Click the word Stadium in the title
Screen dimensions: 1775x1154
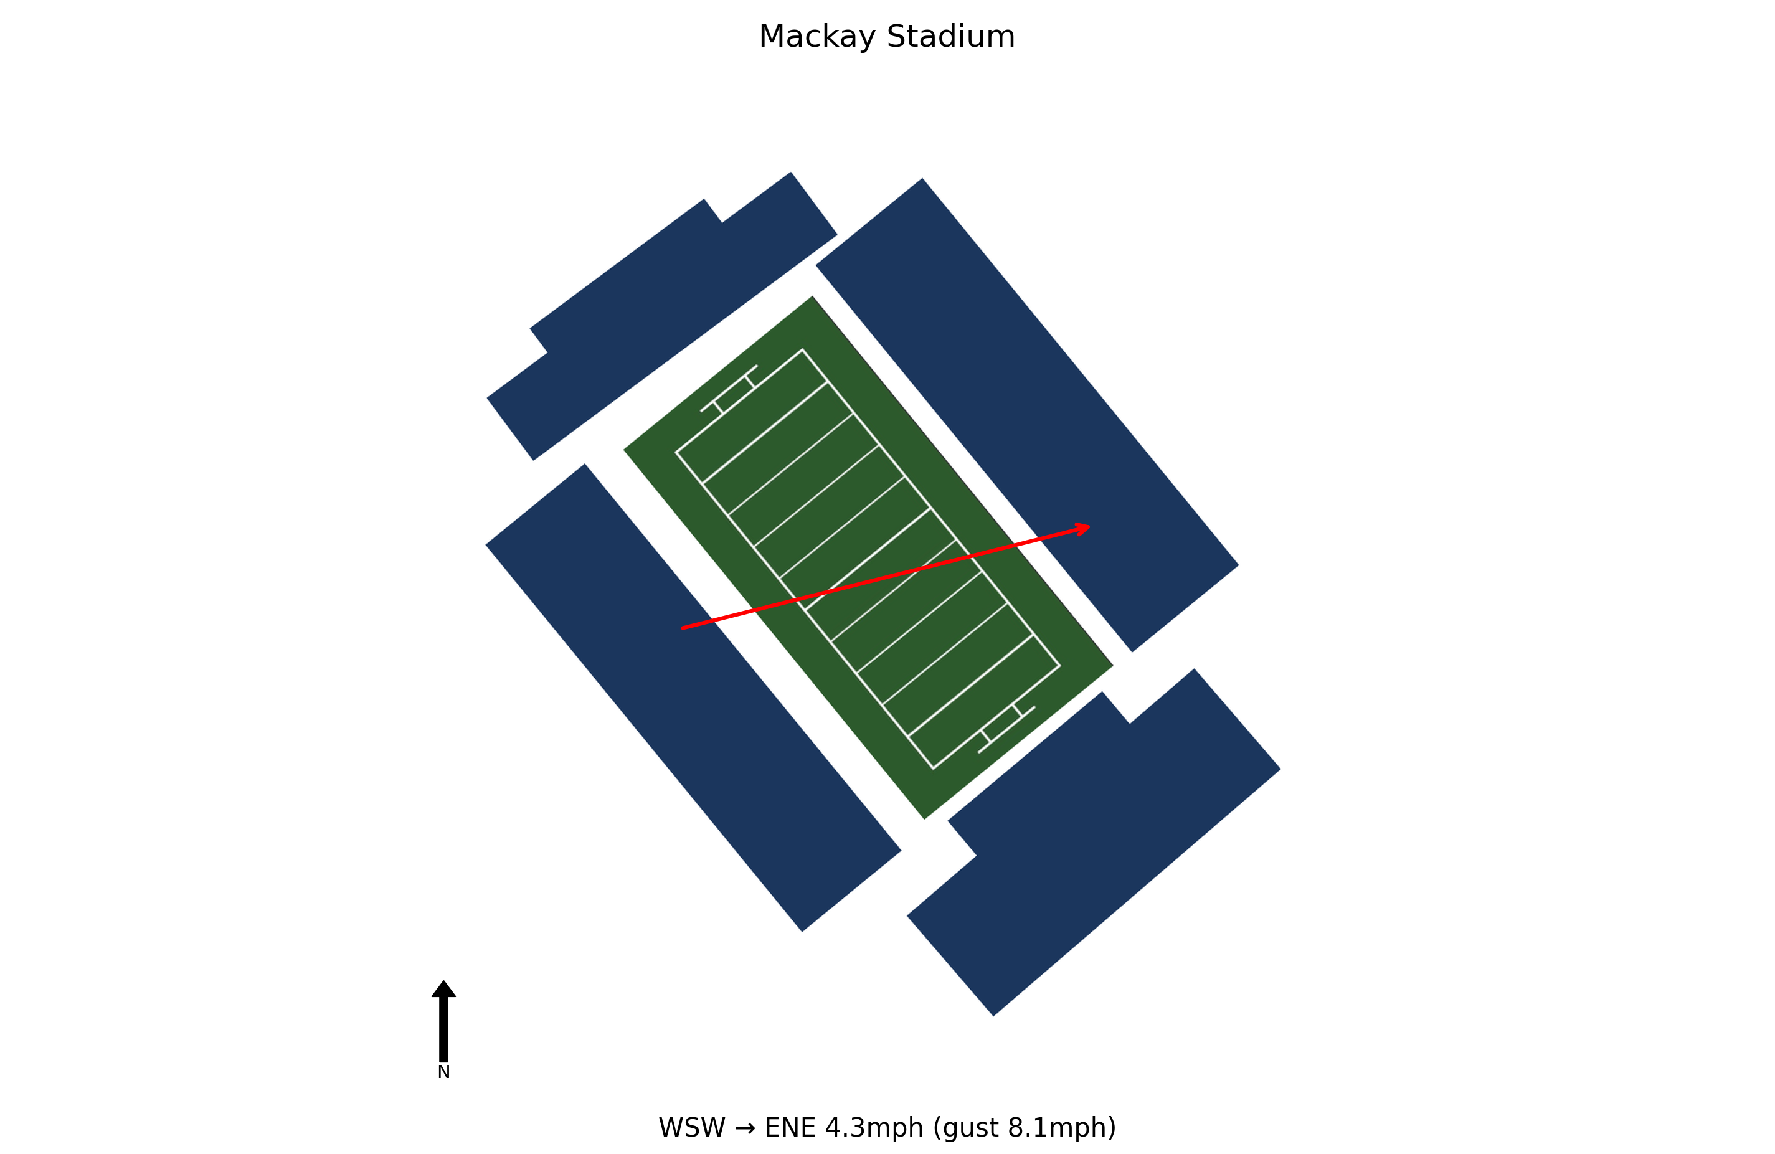[x=951, y=37]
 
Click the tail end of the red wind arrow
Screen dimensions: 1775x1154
[x=683, y=628]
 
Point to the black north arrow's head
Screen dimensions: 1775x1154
[x=443, y=988]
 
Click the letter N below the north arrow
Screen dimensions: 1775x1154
[x=443, y=1072]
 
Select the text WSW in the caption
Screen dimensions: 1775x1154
[x=691, y=1127]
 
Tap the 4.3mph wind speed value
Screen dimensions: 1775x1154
[x=874, y=1128]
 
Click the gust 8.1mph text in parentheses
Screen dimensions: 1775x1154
[x=1025, y=1128]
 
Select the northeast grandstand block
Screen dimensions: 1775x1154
[x=1027, y=415]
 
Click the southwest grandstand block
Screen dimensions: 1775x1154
[x=694, y=698]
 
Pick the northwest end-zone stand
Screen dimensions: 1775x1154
[x=662, y=316]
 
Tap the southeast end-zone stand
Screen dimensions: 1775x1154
[x=1094, y=842]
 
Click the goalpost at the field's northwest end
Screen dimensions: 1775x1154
[x=729, y=389]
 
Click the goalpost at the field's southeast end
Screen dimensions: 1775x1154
[x=1007, y=729]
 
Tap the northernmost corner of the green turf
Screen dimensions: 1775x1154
[x=813, y=296]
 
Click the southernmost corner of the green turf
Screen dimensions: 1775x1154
[x=925, y=820]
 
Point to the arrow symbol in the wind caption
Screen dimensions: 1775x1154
[x=745, y=1128]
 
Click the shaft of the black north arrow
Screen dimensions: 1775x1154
[x=443, y=1029]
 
